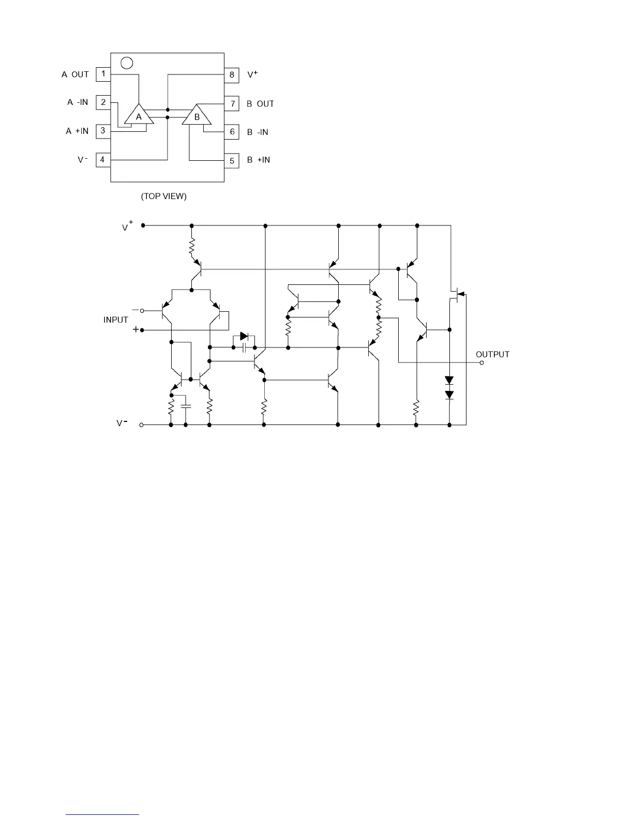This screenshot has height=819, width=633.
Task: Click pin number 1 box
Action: coord(103,74)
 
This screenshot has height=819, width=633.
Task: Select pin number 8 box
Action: coord(232,74)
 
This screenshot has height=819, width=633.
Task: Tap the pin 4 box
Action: coord(103,160)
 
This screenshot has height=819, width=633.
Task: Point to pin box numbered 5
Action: coord(232,160)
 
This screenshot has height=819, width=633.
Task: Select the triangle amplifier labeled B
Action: coord(197,116)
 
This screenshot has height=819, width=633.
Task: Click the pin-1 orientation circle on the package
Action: coord(126,63)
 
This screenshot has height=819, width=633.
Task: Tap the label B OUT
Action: coord(260,104)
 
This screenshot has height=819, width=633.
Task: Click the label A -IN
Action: coord(78,102)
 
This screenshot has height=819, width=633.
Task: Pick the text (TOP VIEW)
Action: coord(164,196)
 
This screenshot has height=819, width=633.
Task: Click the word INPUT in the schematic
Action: coord(116,320)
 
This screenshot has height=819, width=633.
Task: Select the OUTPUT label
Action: coord(492,354)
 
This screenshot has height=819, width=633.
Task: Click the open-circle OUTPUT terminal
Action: coord(481,363)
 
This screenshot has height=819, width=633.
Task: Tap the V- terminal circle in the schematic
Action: coord(143,425)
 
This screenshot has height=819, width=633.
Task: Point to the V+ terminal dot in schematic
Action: coord(143,225)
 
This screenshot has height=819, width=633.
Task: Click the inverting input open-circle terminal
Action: coord(142,310)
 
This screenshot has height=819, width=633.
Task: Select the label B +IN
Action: coord(259,160)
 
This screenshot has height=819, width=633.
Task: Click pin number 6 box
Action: coord(232,132)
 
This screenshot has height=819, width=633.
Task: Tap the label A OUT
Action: coord(76,74)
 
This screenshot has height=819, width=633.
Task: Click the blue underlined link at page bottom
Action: coord(103,814)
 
